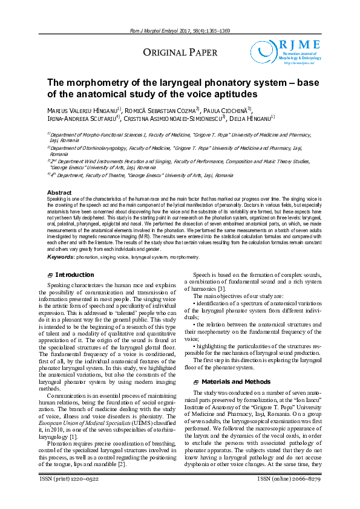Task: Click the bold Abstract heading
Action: point(59,193)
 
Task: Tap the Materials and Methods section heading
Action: point(235,382)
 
